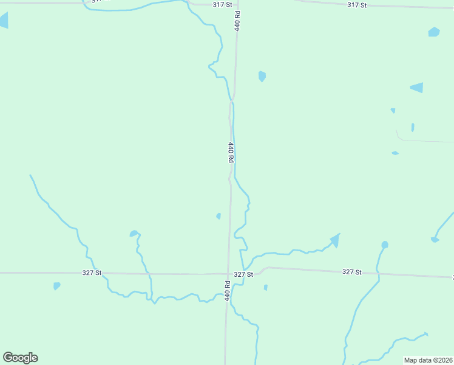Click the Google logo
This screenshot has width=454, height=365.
20,358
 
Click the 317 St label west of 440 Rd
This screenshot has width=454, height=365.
222,4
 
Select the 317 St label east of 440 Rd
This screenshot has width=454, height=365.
357,5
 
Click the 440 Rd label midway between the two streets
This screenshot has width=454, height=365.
231,151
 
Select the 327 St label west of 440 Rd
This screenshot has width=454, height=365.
92,273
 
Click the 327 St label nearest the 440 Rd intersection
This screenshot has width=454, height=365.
243,274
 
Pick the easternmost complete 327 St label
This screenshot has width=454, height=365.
351,272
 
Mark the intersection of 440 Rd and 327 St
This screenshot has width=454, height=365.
229,274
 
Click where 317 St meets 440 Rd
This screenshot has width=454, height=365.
237,4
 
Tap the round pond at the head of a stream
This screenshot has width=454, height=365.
385,245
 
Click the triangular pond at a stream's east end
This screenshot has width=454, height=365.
334,240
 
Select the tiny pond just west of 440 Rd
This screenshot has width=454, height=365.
219,215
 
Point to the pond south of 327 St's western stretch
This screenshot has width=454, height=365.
56,285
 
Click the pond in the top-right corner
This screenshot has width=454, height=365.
433,32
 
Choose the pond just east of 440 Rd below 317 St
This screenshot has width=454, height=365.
262,76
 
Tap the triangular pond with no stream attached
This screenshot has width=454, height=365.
418,87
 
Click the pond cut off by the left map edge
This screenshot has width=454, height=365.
4,20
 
